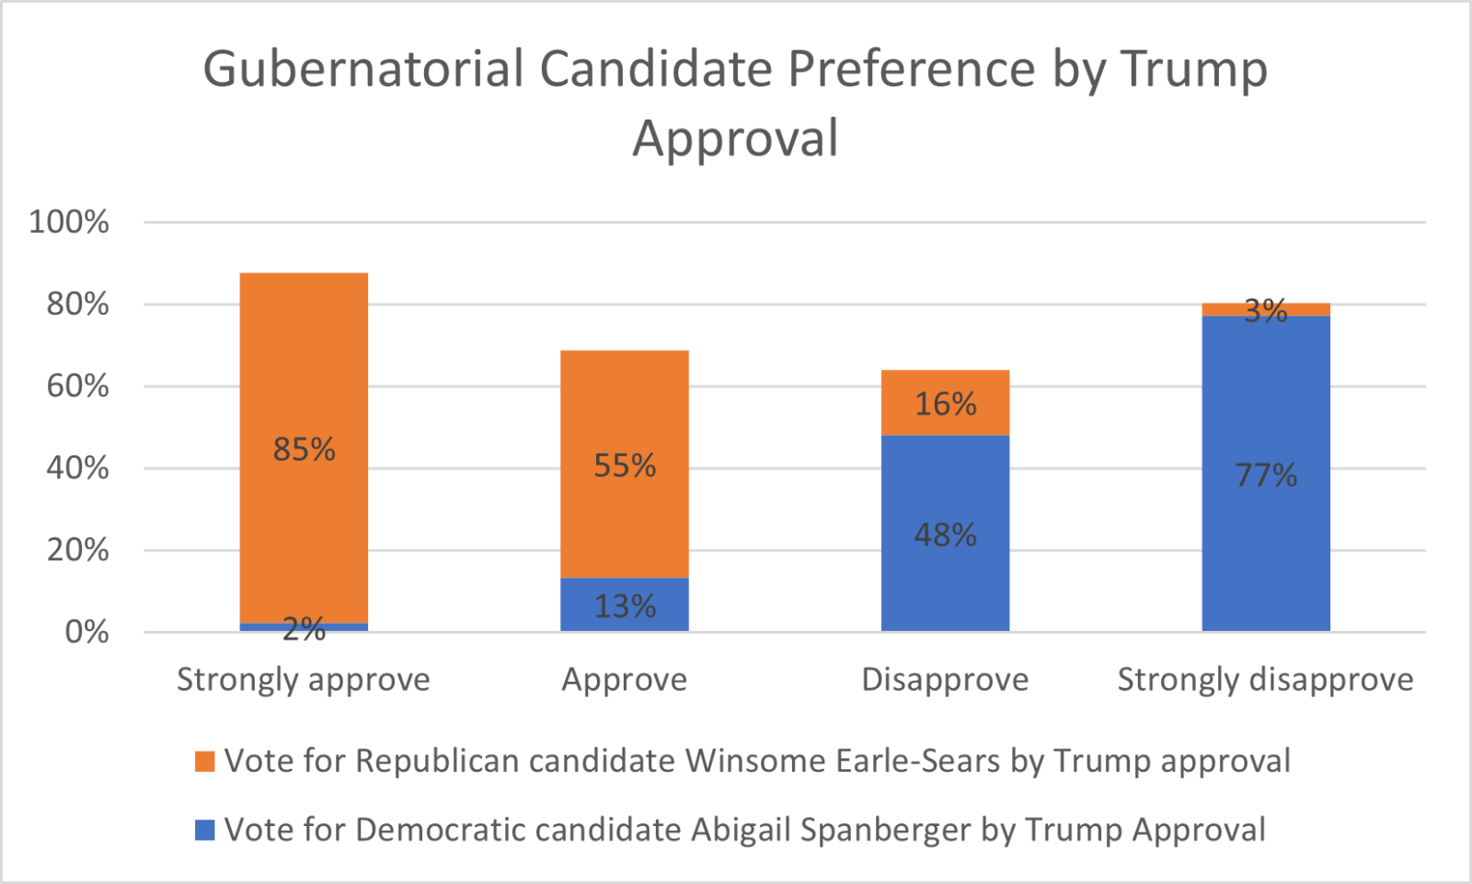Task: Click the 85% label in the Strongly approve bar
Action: tap(304, 450)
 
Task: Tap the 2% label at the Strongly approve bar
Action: tap(304, 630)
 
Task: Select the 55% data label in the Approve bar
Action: tap(625, 465)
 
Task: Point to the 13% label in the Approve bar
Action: tap(625, 606)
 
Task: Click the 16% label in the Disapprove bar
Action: tap(945, 404)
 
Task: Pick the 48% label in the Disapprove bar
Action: tap(945, 534)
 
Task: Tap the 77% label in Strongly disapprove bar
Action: tap(1266, 476)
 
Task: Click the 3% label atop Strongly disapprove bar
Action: tap(1266, 311)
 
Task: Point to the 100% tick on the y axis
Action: tap(69, 222)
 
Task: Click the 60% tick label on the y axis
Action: tap(78, 386)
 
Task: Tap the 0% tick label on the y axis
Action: tap(87, 632)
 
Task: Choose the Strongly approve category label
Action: tap(304, 680)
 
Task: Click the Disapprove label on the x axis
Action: tap(945, 680)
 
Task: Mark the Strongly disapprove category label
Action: tap(1266, 680)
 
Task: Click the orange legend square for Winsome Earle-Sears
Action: tap(205, 762)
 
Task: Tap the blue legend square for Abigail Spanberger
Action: tap(205, 831)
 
